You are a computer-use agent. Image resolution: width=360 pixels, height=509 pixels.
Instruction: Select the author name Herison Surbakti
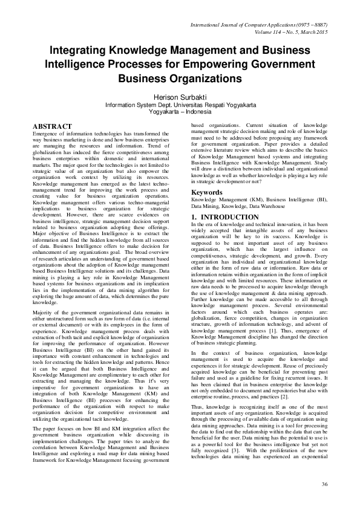(180, 96)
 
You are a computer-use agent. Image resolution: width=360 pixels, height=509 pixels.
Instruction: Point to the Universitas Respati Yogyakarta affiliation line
(180, 104)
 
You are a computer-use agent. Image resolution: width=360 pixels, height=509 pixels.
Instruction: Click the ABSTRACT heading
(51, 126)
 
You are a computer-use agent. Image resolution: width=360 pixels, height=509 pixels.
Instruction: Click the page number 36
(324, 484)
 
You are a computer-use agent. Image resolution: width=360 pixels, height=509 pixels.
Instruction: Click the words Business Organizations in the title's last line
(180, 79)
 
